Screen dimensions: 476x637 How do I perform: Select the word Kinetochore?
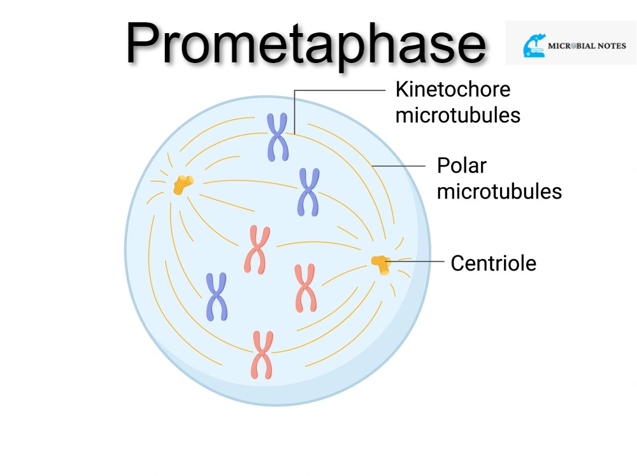pos(453,89)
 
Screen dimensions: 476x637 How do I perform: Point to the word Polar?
pos(461,165)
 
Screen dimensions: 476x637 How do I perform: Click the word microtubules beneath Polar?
pos(499,191)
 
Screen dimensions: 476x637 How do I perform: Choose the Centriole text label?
pos(493,263)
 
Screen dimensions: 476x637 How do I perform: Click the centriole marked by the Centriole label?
pos(381,263)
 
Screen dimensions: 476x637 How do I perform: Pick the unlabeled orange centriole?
pos(183,185)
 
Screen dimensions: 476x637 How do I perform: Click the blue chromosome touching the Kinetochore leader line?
pos(277,136)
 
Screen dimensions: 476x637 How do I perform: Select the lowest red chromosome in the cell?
pos(262,354)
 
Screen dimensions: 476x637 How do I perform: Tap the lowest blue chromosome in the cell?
pos(217,297)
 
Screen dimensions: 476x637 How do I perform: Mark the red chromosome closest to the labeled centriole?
pos(305,288)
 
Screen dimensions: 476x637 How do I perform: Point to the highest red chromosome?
pos(257,249)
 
